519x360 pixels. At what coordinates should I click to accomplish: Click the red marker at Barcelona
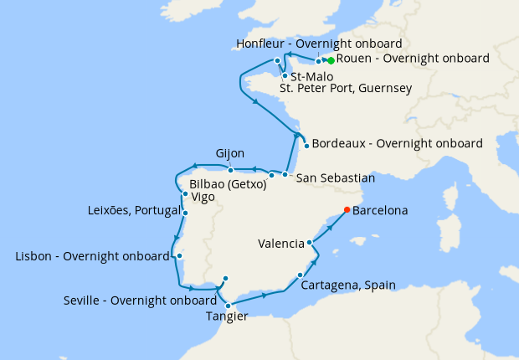coord(347,210)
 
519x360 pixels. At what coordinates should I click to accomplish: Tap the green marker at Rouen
coord(331,61)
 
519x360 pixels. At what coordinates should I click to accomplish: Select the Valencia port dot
coord(310,243)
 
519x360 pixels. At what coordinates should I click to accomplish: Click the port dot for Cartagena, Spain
coord(300,275)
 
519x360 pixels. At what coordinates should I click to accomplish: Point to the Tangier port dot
coord(228,306)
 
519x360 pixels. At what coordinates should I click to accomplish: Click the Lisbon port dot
coord(179,256)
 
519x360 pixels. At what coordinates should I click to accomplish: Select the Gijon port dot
coord(230,170)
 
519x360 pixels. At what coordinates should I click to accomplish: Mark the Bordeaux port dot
coord(306,147)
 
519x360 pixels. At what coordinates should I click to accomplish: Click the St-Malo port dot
coord(285,75)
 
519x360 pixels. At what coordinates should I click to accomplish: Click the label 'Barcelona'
coord(380,211)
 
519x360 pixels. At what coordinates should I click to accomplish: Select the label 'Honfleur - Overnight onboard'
coord(319,44)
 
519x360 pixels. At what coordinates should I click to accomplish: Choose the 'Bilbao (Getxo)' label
coord(228,183)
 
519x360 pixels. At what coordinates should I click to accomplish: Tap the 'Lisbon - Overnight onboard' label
coord(93,256)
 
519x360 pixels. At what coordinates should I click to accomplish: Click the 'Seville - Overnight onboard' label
coord(141,301)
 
